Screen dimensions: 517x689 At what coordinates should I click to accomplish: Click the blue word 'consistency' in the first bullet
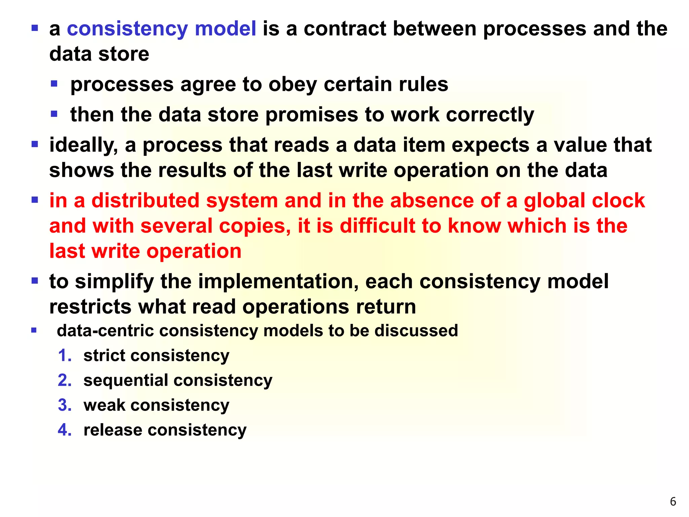(127, 29)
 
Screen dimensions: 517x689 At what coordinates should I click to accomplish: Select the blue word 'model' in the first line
(225, 29)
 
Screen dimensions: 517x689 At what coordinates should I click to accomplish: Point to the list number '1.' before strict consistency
(65, 356)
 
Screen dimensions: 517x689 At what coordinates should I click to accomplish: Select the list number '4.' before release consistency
(65, 430)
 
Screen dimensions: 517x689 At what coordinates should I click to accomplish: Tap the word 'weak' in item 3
(104, 405)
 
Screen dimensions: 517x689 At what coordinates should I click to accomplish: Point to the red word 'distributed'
(145, 201)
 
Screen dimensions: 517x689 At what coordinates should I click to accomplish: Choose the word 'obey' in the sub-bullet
(292, 84)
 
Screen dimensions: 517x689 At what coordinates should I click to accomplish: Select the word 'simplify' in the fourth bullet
(114, 282)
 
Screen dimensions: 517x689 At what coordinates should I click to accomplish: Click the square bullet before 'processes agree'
(54, 83)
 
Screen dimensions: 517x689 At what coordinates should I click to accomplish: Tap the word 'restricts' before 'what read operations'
(90, 307)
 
